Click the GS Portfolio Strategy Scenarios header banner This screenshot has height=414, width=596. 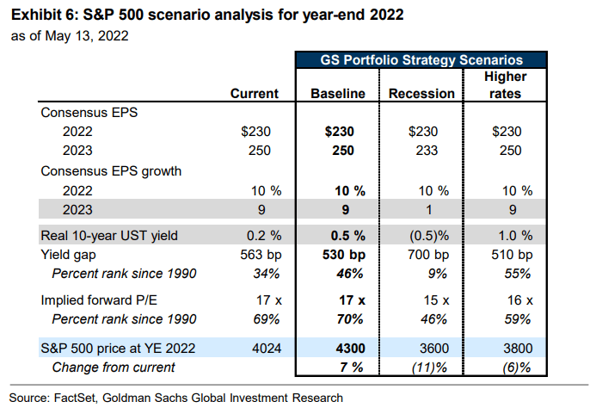(421, 60)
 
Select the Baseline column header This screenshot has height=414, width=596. (337, 94)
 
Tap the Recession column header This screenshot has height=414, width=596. (421, 94)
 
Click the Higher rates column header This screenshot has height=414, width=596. (505, 85)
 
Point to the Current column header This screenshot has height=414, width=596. (255, 94)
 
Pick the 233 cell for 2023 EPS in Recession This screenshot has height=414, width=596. (427, 151)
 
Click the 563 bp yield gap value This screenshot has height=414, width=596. (261, 255)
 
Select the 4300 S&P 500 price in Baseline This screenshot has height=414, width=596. (350, 349)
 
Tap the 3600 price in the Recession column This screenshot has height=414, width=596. (434, 349)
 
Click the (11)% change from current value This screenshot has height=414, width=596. (429, 368)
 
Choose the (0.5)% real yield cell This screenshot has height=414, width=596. (429, 236)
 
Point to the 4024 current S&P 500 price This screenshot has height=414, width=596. (267, 349)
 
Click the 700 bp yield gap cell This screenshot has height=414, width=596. (428, 255)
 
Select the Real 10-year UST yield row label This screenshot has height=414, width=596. (109, 236)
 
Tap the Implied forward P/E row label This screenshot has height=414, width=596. (99, 300)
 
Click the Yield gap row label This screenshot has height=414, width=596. (69, 255)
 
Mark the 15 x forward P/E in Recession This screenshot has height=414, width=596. (436, 300)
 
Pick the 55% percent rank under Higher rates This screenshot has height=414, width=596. (518, 274)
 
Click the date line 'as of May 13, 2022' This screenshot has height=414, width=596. (70, 36)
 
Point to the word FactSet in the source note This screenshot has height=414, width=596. (76, 398)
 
